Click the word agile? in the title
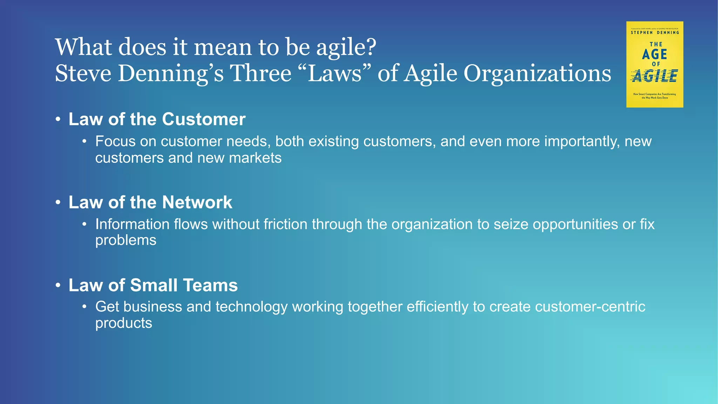point(346,47)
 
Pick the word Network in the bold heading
point(197,202)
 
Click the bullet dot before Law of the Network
point(58,202)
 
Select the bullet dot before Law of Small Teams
point(58,285)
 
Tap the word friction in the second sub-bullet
point(285,224)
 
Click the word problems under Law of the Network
point(126,241)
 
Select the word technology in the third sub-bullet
point(251,307)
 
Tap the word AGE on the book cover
point(655,54)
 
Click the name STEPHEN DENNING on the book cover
point(655,33)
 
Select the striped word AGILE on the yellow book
point(655,76)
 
